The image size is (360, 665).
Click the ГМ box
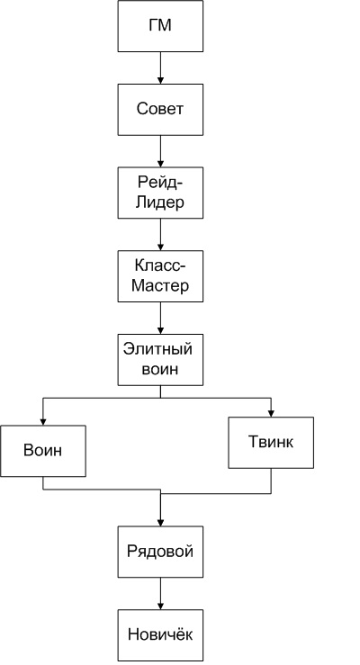pyautogui.click(x=160, y=26)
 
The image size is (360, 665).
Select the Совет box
pyautogui.click(x=160, y=110)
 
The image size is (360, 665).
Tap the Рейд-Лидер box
pyautogui.click(x=160, y=193)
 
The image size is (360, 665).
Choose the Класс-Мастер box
pyautogui.click(x=160, y=276)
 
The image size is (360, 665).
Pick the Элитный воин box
pyautogui.click(x=160, y=360)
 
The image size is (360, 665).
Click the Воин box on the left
pyautogui.click(x=43, y=451)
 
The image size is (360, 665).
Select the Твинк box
pyautogui.click(x=271, y=443)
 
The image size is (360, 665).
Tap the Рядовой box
pyautogui.click(x=160, y=552)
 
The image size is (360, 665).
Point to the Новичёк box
pyautogui.click(x=160, y=635)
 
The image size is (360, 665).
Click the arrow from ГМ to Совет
pyautogui.click(x=160, y=67)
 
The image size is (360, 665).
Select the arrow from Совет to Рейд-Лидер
pyautogui.click(x=160, y=151)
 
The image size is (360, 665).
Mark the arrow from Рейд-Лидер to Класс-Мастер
pyautogui.click(x=160, y=235)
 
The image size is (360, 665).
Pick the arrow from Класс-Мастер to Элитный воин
pyautogui.click(x=160, y=318)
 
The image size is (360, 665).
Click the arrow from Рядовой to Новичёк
pyautogui.click(x=160, y=594)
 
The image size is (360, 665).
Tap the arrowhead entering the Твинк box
pyautogui.click(x=271, y=414)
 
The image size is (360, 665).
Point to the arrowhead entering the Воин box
pyautogui.click(x=43, y=422)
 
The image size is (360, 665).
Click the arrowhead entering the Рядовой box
pyautogui.click(x=160, y=523)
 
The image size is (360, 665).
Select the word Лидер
pyautogui.click(x=160, y=202)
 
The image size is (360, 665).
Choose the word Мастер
pyautogui.click(x=160, y=285)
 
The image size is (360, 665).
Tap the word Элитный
pyautogui.click(x=157, y=349)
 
